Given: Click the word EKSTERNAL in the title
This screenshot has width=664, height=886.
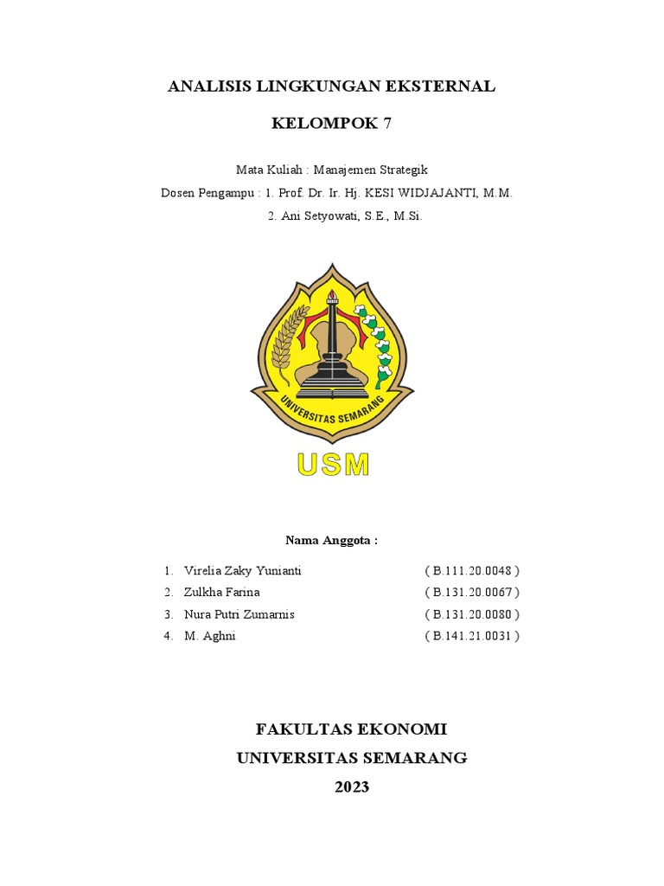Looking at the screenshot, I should (x=442, y=86).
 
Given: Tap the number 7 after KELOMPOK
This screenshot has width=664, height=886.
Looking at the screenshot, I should (x=386, y=123).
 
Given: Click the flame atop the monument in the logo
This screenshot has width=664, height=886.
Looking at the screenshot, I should (x=332, y=297).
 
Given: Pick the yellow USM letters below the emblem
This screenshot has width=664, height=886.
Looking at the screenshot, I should (x=333, y=465).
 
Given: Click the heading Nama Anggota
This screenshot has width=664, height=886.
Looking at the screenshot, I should (x=332, y=541).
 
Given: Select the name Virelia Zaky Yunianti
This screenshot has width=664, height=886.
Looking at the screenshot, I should (x=243, y=571).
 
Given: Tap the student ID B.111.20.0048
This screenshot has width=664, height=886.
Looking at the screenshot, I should (x=472, y=571).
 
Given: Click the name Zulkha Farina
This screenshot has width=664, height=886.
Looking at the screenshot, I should (x=221, y=593).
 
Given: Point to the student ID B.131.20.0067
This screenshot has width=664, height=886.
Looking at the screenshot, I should (x=472, y=593).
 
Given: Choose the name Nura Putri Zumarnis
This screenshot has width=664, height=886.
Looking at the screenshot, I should (x=239, y=614).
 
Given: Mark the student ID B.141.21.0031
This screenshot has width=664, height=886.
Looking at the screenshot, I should (x=472, y=636).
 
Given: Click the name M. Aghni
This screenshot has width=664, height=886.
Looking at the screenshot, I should (x=209, y=636).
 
